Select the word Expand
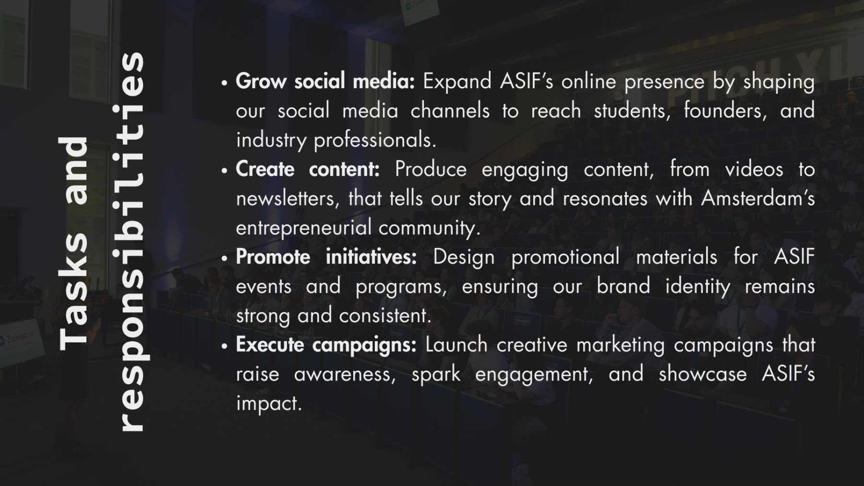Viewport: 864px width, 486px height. pyautogui.click(x=457, y=82)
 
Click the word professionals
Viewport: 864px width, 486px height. pyautogui.click(x=375, y=141)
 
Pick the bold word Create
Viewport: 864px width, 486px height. pyautogui.click(x=265, y=169)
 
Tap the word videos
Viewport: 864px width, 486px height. pyautogui.click(x=754, y=169)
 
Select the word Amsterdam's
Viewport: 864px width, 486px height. pyautogui.click(x=758, y=199)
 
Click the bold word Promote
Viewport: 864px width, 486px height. pyautogui.click(x=273, y=257)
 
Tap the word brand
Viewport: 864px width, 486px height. pyautogui.click(x=623, y=286)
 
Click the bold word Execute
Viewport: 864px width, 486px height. pyautogui.click(x=270, y=345)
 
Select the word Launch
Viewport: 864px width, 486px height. pyautogui.click(x=456, y=345)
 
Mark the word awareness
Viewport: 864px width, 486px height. pyautogui.click(x=345, y=375)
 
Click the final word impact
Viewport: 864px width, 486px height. pyautogui.click(x=269, y=404)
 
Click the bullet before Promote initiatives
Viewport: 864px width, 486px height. pyautogui.click(x=224, y=259)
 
